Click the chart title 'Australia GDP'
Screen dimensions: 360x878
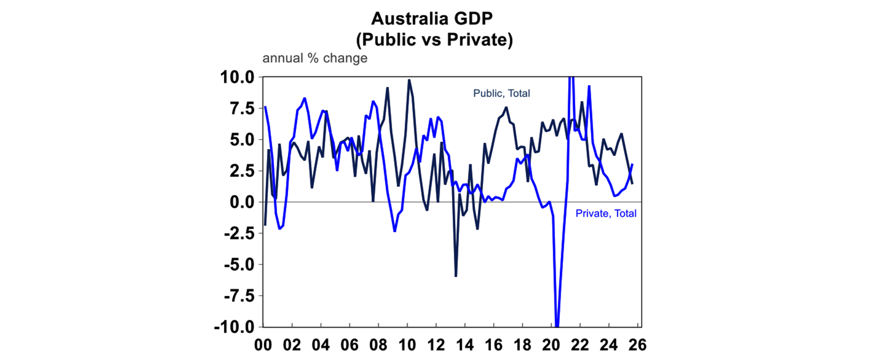pos(438,19)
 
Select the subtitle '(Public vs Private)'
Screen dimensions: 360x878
pos(438,41)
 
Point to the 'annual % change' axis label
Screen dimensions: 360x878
pos(314,58)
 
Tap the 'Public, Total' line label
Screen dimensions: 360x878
pos(501,93)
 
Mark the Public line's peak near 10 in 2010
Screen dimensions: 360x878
pos(409,80)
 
